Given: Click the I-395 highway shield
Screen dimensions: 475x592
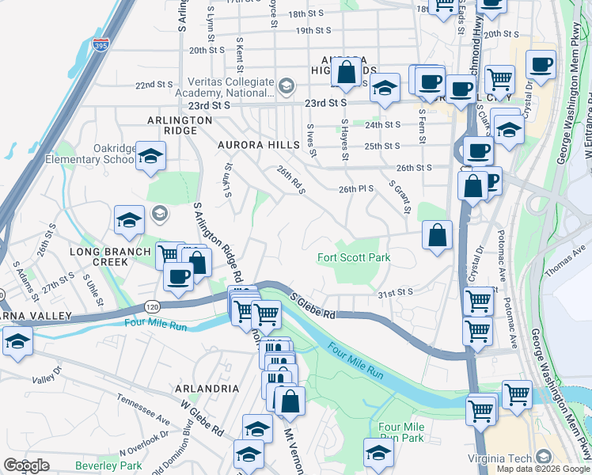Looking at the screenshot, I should (x=101, y=47).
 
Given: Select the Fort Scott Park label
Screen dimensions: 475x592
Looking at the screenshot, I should (x=355, y=257).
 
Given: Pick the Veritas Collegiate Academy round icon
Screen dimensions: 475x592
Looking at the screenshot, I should (x=286, y=85).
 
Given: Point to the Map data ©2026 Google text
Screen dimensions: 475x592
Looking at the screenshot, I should (x=542, y=469).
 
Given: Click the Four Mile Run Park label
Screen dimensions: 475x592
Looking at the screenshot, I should (x=401, y=431).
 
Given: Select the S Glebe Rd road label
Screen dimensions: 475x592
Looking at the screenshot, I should (x=313, y=306).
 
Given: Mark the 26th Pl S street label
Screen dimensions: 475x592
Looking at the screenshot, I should (x=355, y=189).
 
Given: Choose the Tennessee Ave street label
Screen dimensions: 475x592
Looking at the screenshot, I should (x=143, y=408).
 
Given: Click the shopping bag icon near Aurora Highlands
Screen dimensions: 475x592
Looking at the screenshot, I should (x=347, y=73).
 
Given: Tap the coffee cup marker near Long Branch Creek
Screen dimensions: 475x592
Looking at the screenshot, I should (x=178, y=275).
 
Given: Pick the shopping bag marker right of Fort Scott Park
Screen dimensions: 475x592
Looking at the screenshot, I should (x=437, y=234).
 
